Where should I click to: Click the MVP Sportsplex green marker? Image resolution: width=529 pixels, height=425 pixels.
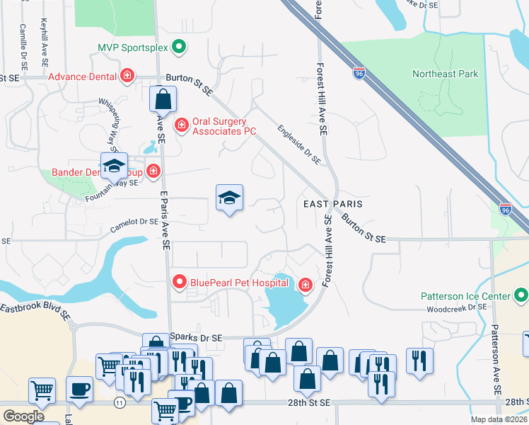click(x=179, y=48)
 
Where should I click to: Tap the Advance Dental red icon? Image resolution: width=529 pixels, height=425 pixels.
click(x=127, y=76)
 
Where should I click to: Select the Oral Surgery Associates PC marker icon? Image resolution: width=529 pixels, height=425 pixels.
click(x=181, y=125)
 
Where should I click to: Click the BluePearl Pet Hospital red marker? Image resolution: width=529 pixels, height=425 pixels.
click(x=179, y=283)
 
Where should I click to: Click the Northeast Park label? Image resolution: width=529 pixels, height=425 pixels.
click(x=446, y=74)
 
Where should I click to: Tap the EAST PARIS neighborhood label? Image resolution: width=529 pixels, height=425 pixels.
click(x=332, y=203)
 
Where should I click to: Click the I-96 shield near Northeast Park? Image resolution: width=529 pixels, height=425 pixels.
click(x=359, y=72)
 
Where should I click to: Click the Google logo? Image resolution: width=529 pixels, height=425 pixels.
click(x=23, y=416)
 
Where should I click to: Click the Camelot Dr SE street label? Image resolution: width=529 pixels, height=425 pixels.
click(x=134, y=225)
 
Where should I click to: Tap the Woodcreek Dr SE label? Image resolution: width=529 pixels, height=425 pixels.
click(x=457, y=307)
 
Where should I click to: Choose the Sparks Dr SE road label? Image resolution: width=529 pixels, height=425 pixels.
click(x=196, y=338)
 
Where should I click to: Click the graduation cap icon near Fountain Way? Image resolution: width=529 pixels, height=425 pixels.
click(x=113, y=166)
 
